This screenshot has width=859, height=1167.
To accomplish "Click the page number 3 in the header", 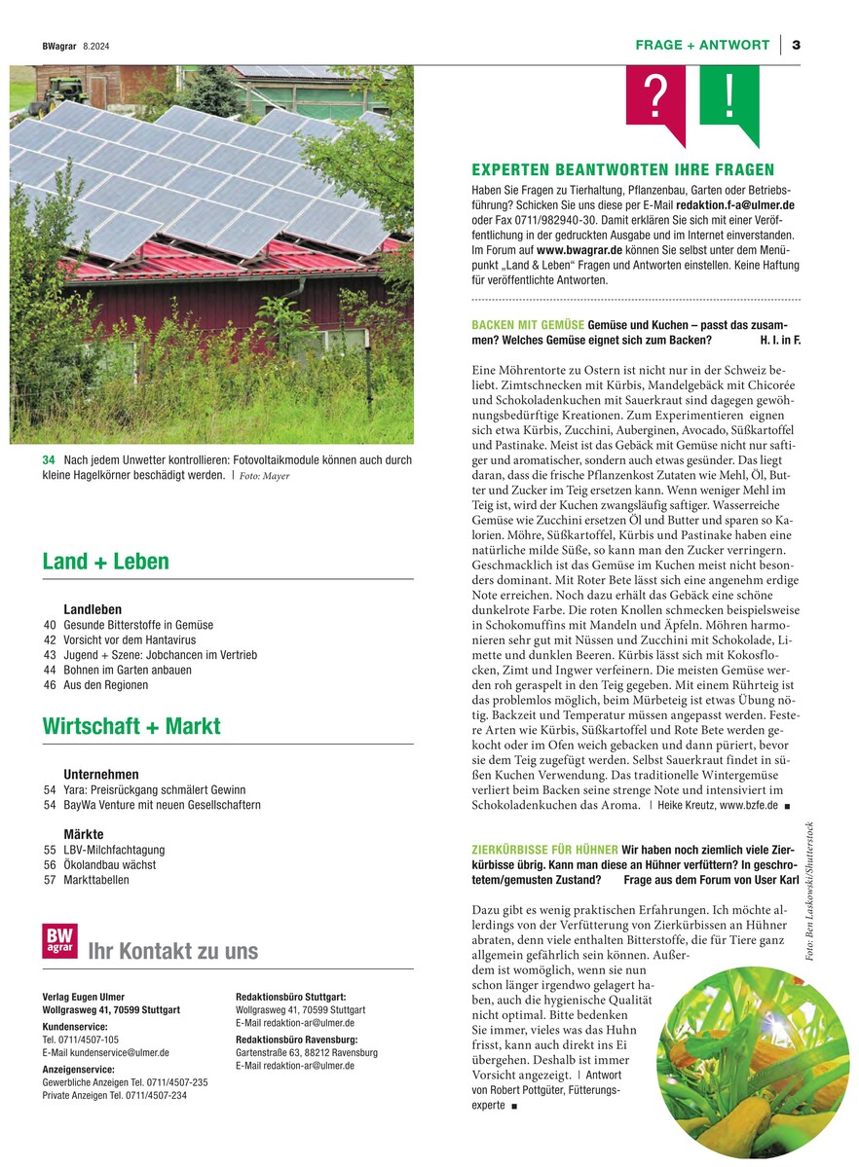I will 796,45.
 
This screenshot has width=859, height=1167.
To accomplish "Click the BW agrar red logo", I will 59,941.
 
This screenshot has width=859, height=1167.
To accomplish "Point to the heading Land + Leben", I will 105,562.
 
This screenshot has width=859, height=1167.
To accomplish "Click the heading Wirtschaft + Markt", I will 131,726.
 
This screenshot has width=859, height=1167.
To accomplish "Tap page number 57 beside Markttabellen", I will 50,880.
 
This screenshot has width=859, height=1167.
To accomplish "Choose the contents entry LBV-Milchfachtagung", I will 114,850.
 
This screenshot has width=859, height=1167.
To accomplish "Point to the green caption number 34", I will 49,459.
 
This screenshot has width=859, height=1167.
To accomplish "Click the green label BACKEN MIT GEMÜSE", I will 528,324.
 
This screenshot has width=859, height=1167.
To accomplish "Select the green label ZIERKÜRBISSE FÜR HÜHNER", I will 544,850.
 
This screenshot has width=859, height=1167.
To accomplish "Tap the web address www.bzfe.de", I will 748,806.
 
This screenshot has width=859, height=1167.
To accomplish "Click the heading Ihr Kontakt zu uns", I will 173,951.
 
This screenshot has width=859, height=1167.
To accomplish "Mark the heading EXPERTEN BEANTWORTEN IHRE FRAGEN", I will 622,169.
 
